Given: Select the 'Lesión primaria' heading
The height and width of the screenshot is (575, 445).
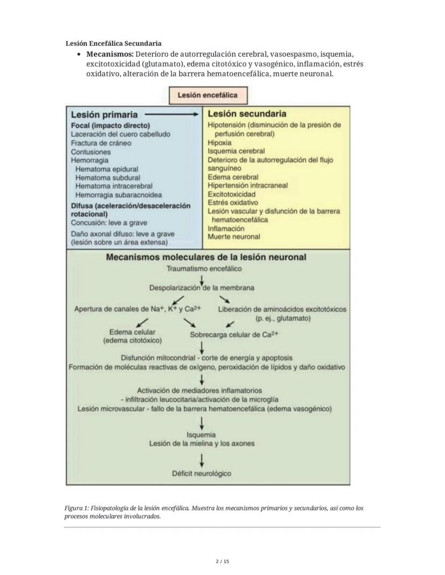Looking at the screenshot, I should click(104, 114).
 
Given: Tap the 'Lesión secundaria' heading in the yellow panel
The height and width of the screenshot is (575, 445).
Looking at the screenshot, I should click(247, 114).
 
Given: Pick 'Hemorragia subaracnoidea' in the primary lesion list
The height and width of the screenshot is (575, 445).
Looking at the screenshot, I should click(118, 194).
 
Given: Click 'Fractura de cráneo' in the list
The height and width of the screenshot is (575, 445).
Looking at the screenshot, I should click(101, 143).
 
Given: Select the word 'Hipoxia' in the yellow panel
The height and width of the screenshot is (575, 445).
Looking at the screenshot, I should click(220, 143).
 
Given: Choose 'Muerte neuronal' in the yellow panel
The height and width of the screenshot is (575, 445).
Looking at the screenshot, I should click(234, 236).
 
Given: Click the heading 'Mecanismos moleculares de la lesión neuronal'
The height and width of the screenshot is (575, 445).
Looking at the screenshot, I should click(206, 257).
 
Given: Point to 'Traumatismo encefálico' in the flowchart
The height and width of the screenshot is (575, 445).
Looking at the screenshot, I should click(204, 268).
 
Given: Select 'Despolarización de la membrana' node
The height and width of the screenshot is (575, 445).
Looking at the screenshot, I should click(202, 288).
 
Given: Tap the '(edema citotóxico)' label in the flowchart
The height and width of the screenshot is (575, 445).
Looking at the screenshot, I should click(132, 340).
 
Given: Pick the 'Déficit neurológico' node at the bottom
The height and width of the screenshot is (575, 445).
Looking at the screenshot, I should click(202, 474).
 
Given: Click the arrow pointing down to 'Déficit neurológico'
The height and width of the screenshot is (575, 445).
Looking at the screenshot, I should click(202, 460).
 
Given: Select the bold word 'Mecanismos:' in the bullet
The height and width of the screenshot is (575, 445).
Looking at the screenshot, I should click(110, 54).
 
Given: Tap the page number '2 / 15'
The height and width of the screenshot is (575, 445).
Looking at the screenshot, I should click(222, 562).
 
